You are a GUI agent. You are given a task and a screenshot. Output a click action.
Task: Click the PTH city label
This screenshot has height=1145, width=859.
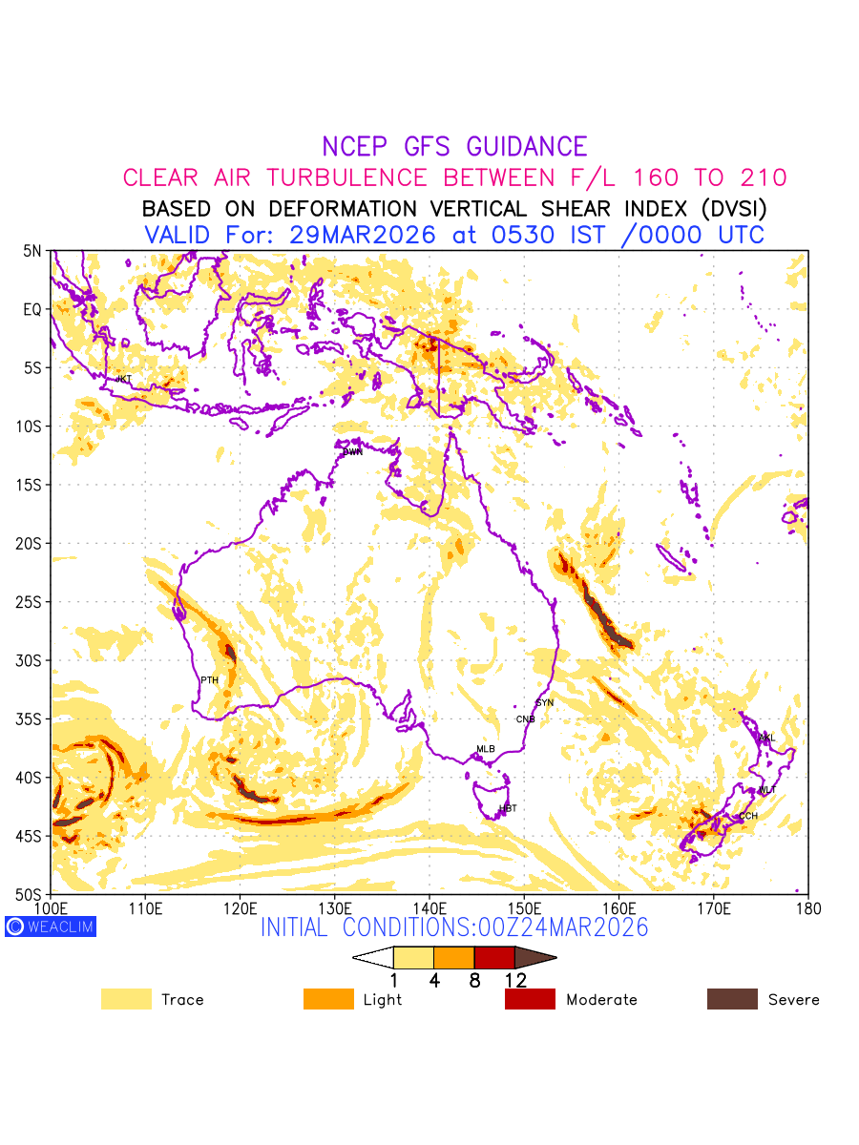[x=209, y=680]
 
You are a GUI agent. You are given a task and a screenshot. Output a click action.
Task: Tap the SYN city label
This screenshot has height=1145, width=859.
[x=545, y=703]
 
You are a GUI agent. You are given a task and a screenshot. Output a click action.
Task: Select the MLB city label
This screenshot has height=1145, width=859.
[x=486, y=749]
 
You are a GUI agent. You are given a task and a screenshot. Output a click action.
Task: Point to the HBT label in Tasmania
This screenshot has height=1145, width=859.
[x=508, y=809]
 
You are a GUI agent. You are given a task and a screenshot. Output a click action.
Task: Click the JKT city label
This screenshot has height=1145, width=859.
[x=124, y=379]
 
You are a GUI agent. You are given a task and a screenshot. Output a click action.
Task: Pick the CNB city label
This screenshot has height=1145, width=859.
[x=526, y=719]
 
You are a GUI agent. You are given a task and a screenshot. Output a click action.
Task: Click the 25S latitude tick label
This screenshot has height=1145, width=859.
[x=32, y=602]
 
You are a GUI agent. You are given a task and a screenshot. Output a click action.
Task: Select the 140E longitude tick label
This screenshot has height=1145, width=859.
[x=429, y=906]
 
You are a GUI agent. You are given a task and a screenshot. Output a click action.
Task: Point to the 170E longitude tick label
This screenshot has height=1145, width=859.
[x=714, y=906]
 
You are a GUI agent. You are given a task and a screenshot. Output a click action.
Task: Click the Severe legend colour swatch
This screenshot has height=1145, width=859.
[x=732, y=999]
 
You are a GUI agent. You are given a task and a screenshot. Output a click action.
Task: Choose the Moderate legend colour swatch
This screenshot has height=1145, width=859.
[x=530, y=999]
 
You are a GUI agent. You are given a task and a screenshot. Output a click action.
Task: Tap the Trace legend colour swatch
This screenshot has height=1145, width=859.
[x=126, y=999]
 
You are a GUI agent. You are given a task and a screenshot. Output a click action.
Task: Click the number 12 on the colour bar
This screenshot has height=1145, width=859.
[x=515, y=980]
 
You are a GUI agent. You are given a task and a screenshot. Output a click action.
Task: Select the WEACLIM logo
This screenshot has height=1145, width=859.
[x=51, y=926]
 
